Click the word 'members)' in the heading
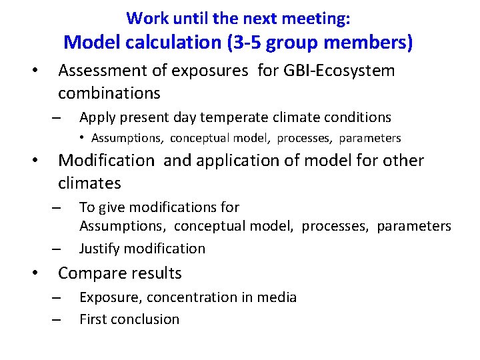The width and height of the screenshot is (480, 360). point(371,42)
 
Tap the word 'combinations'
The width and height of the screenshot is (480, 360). point(109,92)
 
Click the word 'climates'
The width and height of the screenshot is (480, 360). point(89,183)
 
